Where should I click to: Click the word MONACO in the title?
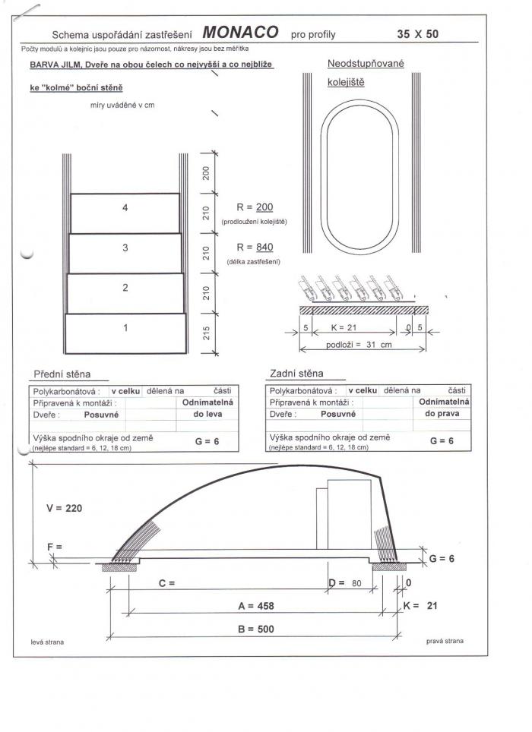(x=241, y=32)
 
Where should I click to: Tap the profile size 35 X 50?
(x=417, y=33)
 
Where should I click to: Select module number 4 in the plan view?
(x=125, y=213)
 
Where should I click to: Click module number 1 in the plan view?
(x=125, y=333)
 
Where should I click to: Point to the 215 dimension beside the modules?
(x=206, y=333)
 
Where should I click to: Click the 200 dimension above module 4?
(x=206, y=173)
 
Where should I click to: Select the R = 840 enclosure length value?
(x=255, y=248)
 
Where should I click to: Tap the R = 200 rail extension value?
(x=255, y=207)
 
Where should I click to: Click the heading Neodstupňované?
(x=366, y=64)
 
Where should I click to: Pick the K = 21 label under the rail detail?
(x=344, y=328)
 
